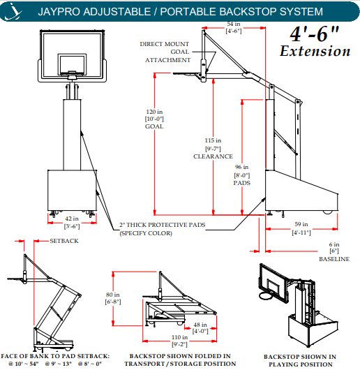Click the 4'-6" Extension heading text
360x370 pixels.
pos(315,43)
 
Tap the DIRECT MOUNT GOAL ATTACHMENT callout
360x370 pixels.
pos(165,52)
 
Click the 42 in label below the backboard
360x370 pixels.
pos(70,89)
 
